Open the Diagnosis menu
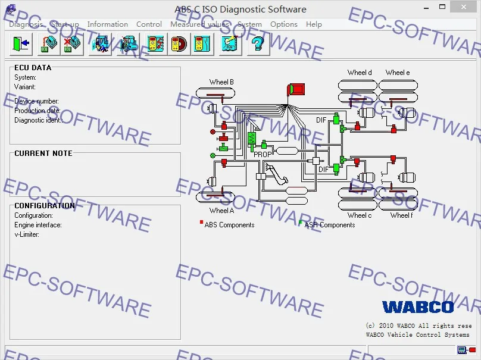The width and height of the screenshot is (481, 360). pos(26,24)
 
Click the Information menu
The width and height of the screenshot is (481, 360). pos(107,24)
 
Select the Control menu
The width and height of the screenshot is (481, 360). pos(149,24)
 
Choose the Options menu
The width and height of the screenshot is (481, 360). pos(283,24)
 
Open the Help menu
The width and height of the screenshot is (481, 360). pos(314,24)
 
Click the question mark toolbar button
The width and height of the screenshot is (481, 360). pos(257,44)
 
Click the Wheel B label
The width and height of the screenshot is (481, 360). pos(221,82)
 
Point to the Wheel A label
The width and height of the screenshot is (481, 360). pos(221,211)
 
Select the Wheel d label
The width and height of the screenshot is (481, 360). pos(360,73)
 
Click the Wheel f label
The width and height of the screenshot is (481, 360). pos(401,215)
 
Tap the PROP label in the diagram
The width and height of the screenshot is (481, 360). pos(263,154)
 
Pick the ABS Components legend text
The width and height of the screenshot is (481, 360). pos(229,225)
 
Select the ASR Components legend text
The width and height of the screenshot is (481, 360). pos(329,225)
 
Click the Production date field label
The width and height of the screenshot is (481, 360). pos(38,111)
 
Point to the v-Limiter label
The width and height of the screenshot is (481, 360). pos(27,234)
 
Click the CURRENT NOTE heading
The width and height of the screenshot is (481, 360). pos(43,154)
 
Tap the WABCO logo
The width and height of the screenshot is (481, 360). pos(418,307)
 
